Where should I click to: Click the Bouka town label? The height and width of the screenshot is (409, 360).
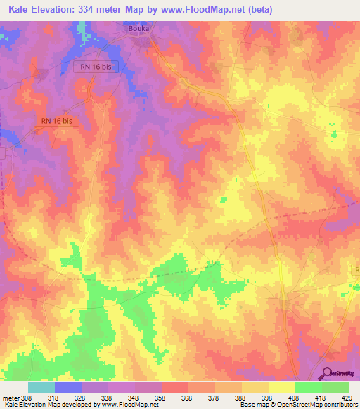[x=141, y=29]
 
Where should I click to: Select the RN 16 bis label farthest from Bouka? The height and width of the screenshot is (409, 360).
[x=57, y=121]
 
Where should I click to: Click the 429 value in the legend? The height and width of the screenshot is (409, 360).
[x=347, y=397]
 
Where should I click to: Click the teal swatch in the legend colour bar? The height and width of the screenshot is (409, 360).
[x=41, y=387]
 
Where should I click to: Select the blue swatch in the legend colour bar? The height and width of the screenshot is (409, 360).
[x=67, y=387]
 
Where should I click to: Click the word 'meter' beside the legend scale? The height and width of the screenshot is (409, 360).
[x=11, y=397]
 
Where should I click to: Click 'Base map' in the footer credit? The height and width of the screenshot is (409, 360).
[x=251, y=405]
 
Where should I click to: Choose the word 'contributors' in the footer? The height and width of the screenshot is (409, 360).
[x=340, y=405]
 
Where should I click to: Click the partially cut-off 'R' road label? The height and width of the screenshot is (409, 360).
[x=356, y=270]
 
